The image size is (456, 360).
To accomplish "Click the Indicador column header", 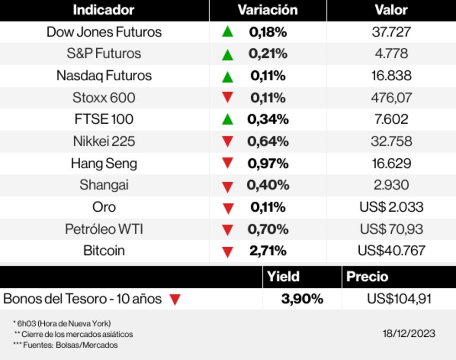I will [104, 10].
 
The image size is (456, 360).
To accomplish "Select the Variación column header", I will [268, 10].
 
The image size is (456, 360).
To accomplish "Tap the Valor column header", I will [391, 10].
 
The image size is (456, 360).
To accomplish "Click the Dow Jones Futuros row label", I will [104, 32].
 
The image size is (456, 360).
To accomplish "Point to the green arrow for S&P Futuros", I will [228, 55].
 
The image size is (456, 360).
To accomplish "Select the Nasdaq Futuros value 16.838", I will [391, 76].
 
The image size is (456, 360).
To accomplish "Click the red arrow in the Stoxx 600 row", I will [228, 97].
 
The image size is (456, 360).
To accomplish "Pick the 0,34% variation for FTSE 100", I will [268, 120].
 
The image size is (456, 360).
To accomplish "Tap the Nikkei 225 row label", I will [104, 141].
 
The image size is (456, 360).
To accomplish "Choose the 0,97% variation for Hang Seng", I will [268, 163].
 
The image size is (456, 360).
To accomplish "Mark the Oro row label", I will [104, 207].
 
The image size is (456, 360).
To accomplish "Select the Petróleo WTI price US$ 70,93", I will [391, 229].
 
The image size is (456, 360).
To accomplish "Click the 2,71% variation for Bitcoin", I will [268, 251].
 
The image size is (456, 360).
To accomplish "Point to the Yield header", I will [283, 277].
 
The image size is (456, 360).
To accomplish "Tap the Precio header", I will [367, 277].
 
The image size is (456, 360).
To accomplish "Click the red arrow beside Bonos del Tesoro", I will [175, 300].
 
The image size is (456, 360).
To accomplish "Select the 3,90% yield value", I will [302, 299].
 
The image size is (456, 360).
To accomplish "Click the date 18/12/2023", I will [409, 334].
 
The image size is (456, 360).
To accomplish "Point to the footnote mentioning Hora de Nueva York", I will [62, 323].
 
